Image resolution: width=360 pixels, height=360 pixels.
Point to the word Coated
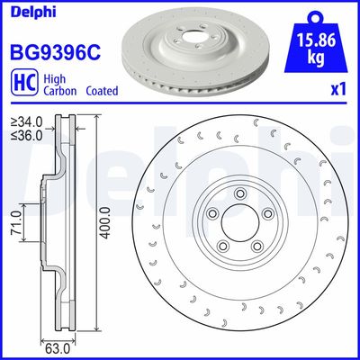click(x=102, y=90)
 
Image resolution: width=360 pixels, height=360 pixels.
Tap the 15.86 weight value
click(x=316, y=40)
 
